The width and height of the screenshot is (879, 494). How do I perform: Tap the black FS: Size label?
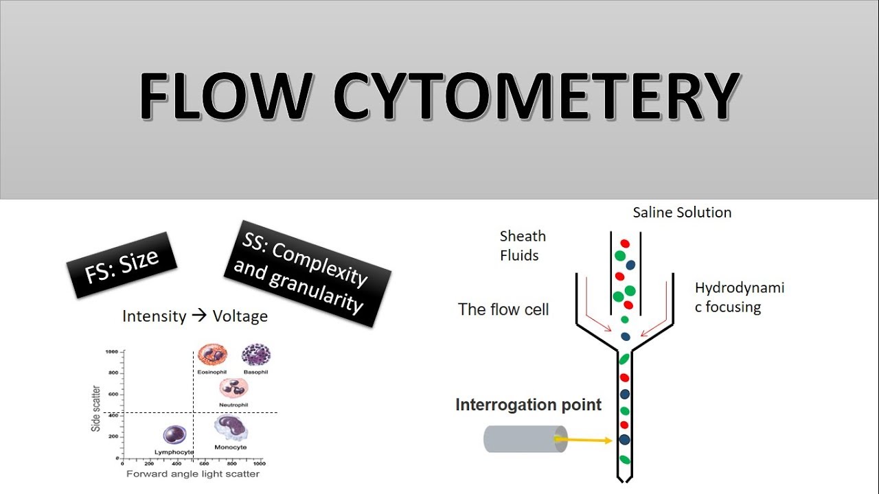(122, 266)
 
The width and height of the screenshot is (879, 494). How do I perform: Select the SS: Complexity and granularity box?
(307, 273)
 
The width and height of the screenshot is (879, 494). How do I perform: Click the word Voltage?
(240, 316)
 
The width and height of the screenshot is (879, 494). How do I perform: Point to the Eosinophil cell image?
(212, 355)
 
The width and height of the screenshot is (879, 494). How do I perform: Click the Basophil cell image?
(255, 355)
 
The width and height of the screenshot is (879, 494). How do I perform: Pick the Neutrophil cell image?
(233, 388)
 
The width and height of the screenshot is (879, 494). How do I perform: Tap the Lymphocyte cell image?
(174, 434)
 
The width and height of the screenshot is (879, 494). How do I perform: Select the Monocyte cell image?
(231, 429)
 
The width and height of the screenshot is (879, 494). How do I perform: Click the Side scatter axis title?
(96, 408)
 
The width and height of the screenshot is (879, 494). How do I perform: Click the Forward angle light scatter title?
(193, 473)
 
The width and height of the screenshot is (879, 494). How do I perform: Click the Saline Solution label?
(682, 213)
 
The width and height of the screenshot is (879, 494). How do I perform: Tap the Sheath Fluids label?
(523, 246)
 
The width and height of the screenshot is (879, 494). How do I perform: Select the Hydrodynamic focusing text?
(739, 297)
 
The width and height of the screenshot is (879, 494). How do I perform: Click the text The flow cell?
(503, 309)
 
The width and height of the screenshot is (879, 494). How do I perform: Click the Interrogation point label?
(528, 405)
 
